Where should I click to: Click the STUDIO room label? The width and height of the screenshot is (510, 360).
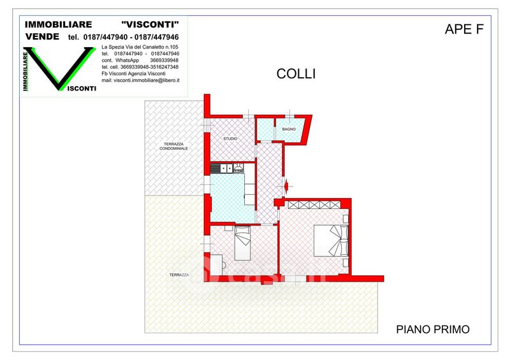tap(230, 138)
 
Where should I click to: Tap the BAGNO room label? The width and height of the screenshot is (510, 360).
tap(289, 129)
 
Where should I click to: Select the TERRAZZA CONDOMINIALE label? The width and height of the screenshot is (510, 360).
tap(173, 146)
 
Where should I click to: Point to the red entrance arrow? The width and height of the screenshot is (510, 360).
tap(286, 186)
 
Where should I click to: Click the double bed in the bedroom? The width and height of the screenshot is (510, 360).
tap(331, 240)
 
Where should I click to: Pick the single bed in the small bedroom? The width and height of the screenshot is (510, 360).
tap(243, 243)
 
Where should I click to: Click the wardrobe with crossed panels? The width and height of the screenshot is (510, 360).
tap(314, 205)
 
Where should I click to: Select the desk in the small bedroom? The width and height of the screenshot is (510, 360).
tap(216, 264)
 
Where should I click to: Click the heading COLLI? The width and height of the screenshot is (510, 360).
tap(296, 74)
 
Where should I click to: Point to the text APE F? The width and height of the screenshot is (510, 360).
tap(464, 29)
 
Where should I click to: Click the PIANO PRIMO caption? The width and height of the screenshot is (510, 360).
tap(433, 329)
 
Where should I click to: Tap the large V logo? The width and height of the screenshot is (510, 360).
tap(59, 69)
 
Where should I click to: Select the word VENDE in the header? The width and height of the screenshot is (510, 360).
tap(42, 36)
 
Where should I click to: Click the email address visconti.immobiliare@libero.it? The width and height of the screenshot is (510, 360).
tap(140, 80)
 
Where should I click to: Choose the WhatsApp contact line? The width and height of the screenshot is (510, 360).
tap(140, 60)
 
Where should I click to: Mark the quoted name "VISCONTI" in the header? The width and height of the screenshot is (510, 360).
tap(150, 24)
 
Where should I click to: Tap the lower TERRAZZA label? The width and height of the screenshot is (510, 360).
tap(179, 275)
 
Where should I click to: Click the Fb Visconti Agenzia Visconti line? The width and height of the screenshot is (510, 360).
tap(133, 73)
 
